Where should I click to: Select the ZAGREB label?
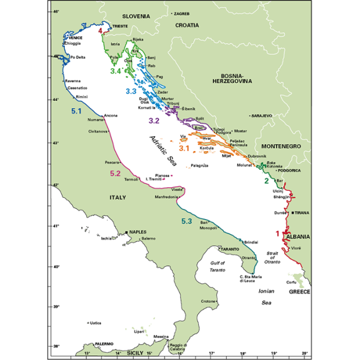[x=182, y=13]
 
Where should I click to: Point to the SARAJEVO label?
[x=262, y=115]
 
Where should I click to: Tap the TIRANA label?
[x=302, y=212]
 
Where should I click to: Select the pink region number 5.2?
[x=120, y=173]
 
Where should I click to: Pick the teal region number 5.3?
[x=187, y=222]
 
